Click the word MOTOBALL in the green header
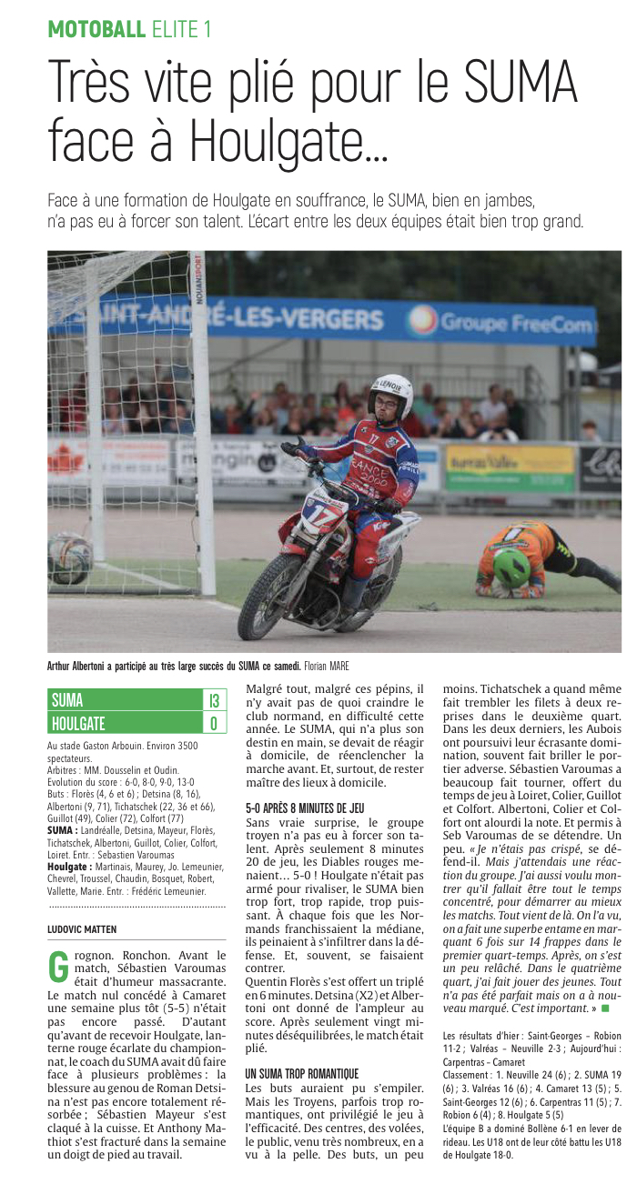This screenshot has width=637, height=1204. click(96, 29)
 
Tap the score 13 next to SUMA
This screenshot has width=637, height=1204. click(215, 700)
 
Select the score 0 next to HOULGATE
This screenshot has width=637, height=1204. click(215, 723)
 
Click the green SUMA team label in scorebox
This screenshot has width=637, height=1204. click(67, 700)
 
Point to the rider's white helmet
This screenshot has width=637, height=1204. click(392, 394)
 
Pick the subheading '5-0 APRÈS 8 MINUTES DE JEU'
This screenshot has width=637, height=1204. click(305, 808)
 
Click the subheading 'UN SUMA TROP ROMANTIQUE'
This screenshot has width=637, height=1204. click(302, 1074)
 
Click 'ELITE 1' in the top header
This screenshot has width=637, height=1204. click(181, 29)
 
